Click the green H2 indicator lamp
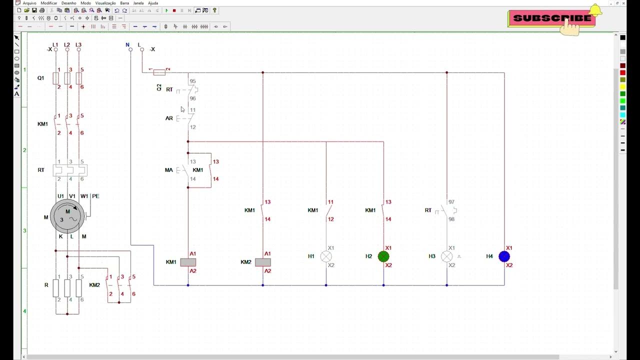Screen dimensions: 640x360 point(383,256)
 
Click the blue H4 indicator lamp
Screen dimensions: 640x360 point(504,256)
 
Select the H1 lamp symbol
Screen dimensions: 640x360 point(326,256)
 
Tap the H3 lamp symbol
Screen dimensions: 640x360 point(447,256)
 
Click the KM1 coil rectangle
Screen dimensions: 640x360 point(188,262)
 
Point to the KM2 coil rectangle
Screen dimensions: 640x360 point(263,262)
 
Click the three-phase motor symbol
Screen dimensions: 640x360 point(67,216)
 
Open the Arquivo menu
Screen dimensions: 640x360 point(29,3)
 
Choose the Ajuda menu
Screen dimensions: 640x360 point(153,3)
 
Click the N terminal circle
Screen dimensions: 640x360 point(130,49)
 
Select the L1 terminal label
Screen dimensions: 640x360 point(55,44)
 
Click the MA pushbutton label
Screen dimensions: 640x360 point(169,170)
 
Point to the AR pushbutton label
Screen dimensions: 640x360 point(169,118)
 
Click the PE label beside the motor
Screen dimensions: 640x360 point(95,196)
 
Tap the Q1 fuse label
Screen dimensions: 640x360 point(41,78)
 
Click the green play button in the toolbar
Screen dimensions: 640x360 point(166,10)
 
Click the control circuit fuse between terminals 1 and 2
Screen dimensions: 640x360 point(159,72)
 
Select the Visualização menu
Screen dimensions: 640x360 point(105,3)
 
